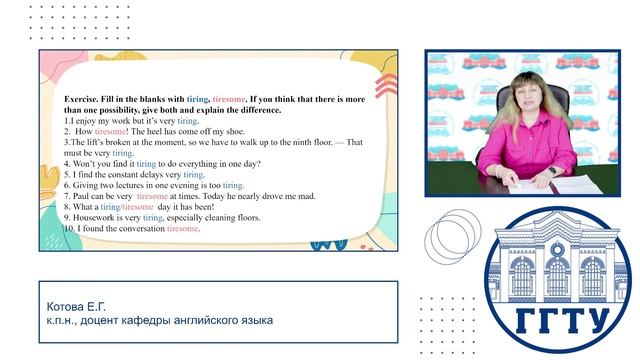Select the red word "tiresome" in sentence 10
click(x=183, y=228)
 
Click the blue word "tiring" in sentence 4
click(x=146, y=164)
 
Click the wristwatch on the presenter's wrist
click(x=552, y=171)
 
